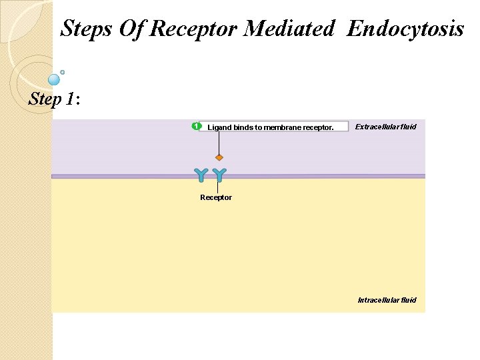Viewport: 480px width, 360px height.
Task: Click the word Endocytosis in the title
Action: [405, 29]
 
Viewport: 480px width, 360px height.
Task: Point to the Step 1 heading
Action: [54, 99]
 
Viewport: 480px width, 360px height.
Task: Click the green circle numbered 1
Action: [196, 126]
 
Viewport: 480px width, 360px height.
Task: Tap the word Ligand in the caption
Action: [219, 127]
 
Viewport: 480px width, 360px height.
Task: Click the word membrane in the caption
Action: [283, 127]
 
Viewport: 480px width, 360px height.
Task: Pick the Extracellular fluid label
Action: [385, 127]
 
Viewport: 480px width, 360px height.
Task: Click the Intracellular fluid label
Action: [387, 300]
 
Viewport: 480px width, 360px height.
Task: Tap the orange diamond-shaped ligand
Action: [219, 158]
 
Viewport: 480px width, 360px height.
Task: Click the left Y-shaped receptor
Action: [201, 175]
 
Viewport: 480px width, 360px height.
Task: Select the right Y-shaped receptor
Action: [219, 175]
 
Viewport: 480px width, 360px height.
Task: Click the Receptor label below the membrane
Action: [216, 197]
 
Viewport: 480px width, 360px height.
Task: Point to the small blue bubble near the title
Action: [55, 79]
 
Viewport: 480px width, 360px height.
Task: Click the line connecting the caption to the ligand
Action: [219, 143]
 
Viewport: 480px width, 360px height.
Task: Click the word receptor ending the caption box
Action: [319, 127]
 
